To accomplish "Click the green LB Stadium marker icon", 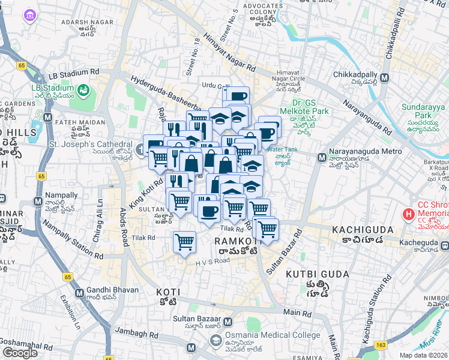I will [x=83, y=91].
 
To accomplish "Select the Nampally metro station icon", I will [x=38, y=201].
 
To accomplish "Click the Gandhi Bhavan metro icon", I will [x=79, y=293].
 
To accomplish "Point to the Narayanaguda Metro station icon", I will [x=322, y=158].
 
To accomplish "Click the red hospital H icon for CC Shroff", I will [x=408, y=214].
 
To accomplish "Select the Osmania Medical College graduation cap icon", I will [x=215, y=341].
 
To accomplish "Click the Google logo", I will [x=20, y=353].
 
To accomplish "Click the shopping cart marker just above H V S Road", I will [x=184, y=242].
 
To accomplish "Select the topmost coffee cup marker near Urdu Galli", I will [x=235, y=96].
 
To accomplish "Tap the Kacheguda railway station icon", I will [x=444, y=245].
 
